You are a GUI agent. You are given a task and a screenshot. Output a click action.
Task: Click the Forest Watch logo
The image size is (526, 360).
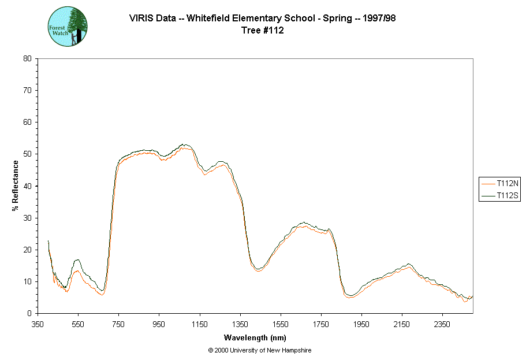click(67, 27)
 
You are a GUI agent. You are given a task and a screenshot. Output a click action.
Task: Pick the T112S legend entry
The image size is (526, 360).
click(500, 196)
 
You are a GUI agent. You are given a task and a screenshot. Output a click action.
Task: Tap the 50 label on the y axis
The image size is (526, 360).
click(27, 154)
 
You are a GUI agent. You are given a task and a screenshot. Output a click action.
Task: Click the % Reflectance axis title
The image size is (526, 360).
click(16, 185)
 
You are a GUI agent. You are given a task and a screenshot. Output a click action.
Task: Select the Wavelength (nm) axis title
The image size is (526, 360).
click(255, 338)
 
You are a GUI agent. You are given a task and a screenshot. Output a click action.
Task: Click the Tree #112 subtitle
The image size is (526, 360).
click(263, 31)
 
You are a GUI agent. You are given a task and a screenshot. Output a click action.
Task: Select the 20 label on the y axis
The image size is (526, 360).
click(27, 250)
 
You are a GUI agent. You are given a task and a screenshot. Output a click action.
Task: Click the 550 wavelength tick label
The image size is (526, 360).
click(79, 324)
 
